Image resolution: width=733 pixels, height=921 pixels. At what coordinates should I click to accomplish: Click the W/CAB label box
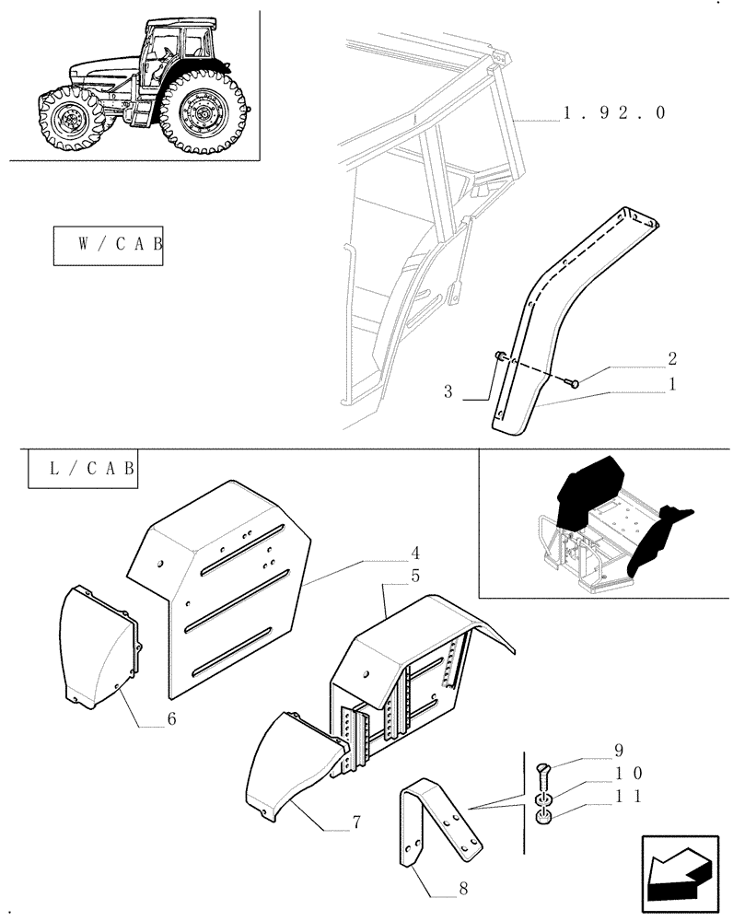click(x=108, y=245)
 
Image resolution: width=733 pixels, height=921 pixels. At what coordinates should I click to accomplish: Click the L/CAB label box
click(x=82, y=469)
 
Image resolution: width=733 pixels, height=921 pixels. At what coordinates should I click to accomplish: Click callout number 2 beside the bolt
click(x=672, y=357)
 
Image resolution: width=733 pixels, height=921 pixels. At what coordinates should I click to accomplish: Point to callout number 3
click(x=448, y=392)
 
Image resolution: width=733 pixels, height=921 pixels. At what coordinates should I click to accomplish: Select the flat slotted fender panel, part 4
click(x=221, y=589)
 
